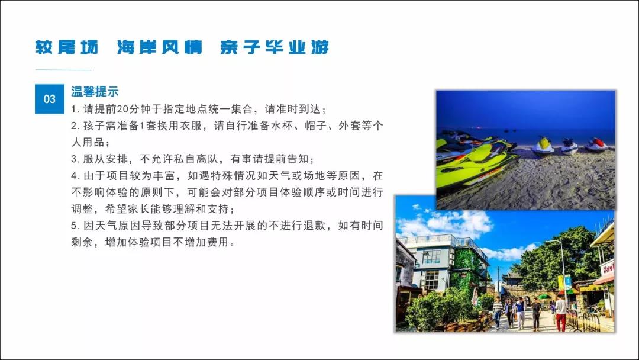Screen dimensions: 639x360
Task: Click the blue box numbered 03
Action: click(x=49, y=99)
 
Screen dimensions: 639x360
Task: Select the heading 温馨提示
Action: click(x=95, y=91)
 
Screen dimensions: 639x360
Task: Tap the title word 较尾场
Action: click(x=66, y=47)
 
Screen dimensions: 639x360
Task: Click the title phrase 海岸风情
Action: click(x=160, y=47)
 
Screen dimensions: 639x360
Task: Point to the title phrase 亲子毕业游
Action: click(x=275, y=47)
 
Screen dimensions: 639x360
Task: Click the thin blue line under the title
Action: click(x=63, y=70)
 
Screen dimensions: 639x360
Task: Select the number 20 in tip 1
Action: click(x=122, y=110)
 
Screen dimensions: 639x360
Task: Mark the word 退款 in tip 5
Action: click(x=314, y=226)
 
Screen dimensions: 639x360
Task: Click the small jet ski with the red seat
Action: click(x=596, y=144)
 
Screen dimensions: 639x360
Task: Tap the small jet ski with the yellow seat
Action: click(x=543, y=146)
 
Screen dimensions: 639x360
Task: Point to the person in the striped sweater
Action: click(x=498, y=312)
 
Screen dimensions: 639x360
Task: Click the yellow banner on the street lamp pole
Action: click(x=560, y=282)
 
